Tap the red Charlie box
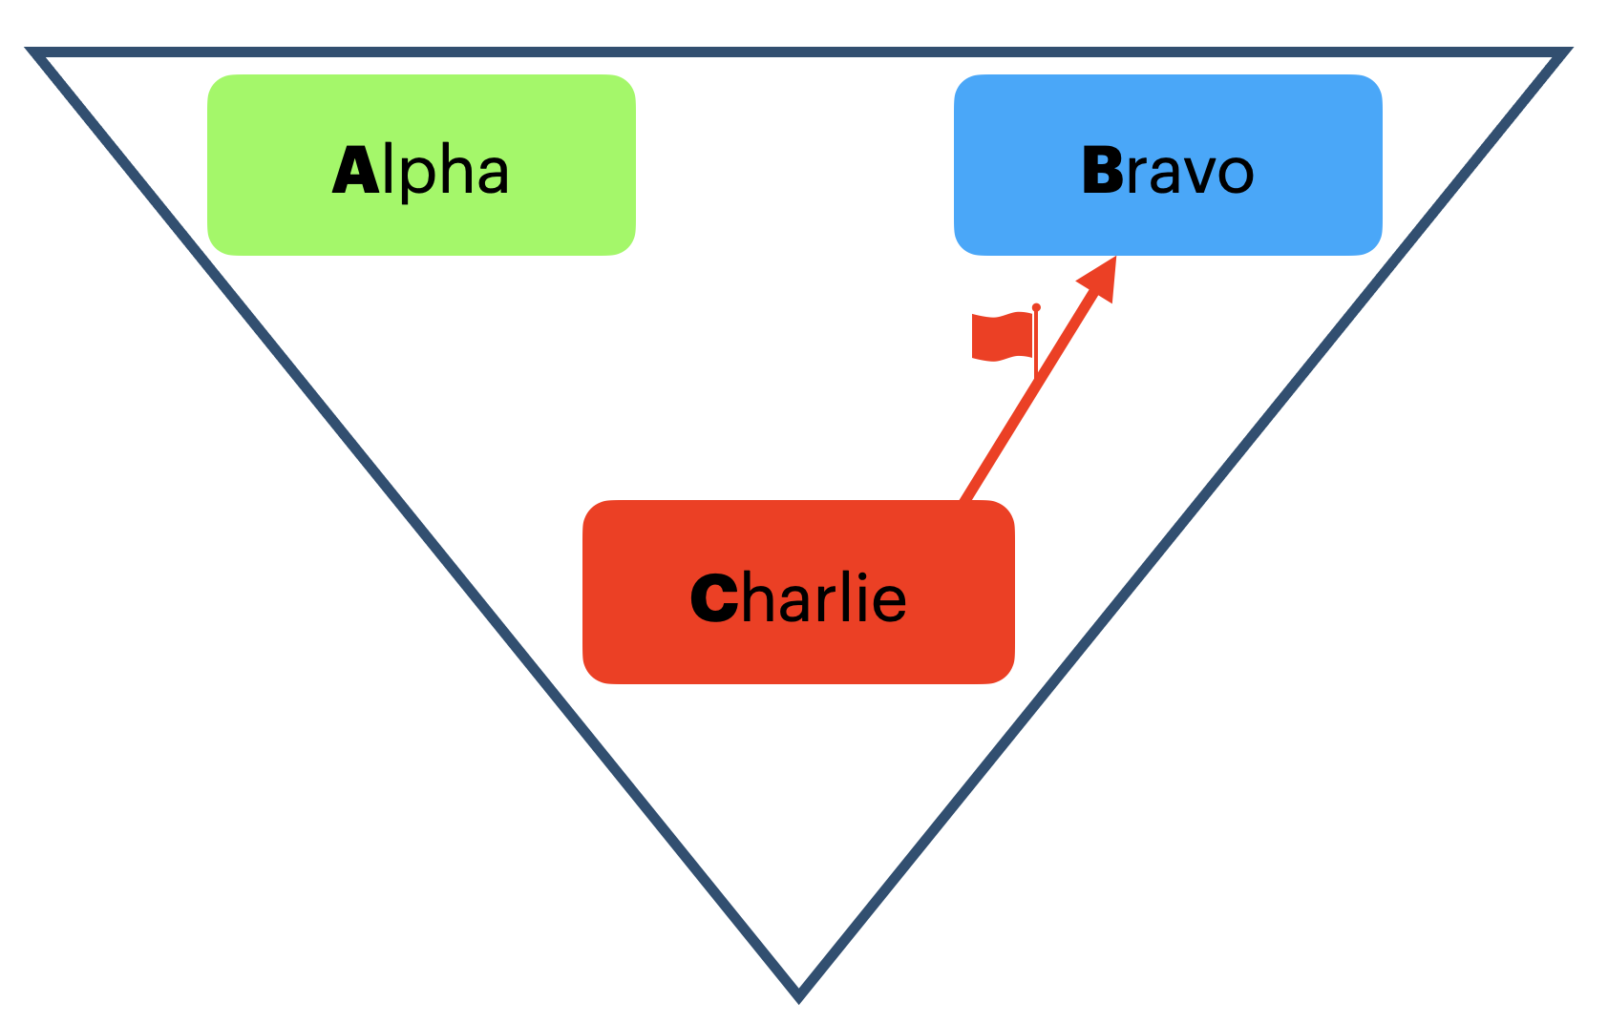(798, 649)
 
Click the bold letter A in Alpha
(354, 172)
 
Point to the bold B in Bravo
(1102, 172)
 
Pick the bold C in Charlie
(713, 599)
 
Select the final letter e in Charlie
(889, 602)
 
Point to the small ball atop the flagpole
(1036, 307)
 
